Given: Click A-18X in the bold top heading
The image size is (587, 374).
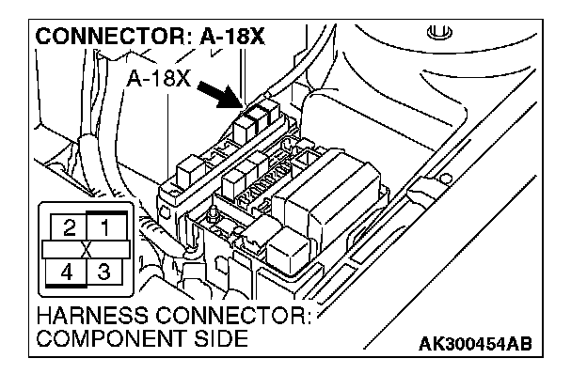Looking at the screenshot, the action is tap(232, 37).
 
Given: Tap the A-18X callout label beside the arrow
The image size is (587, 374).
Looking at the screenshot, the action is tap(159, 79).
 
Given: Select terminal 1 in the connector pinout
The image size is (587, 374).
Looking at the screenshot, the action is tap(105, 226).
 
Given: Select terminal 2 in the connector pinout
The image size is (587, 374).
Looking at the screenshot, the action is tap(69, 227).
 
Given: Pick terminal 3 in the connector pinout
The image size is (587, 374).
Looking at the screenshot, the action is tap(104, 272).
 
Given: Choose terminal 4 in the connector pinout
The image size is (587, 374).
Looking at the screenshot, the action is tap(66, 272).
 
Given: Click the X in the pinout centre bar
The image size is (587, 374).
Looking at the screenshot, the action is tap(87, 249).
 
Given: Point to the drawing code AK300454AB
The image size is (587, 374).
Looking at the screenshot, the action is tap(475, 344).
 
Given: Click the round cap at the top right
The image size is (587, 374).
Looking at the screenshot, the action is tap(439, 31).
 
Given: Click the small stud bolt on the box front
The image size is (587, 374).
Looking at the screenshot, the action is tap(214, 212).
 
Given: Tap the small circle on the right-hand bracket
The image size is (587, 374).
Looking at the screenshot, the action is tap(445, 179).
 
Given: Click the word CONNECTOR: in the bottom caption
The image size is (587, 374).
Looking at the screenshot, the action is tap(233, 316).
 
